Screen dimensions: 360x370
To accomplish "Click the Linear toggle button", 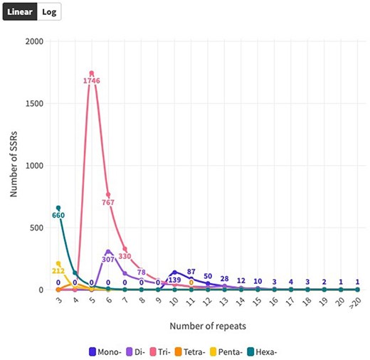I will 20,11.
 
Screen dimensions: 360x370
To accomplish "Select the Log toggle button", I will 49,11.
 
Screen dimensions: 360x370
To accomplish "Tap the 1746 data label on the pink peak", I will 92,80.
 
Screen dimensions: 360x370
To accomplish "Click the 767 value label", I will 109,203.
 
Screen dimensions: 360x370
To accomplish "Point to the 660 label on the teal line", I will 58,216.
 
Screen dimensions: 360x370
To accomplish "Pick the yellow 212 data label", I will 58,270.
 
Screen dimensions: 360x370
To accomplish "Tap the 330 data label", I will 125,256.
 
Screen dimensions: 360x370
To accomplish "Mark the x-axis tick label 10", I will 174,303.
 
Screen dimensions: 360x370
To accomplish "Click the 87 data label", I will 191,272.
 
